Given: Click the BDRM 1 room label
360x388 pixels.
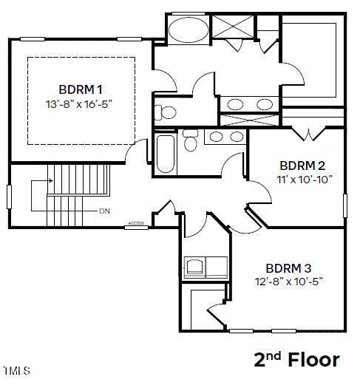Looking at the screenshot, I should (x=81, y=89).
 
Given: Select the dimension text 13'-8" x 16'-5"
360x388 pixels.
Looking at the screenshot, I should (x=81, y=104).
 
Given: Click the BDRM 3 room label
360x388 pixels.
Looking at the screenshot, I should (x=288, y=268).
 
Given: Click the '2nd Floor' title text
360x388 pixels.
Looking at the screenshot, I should (x=296, y=360).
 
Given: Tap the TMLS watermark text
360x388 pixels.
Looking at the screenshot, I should (x=16, y=370).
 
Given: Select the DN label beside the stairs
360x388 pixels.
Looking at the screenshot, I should (x=105, y=211).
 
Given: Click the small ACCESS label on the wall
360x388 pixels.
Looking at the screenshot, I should (x=136, y=222).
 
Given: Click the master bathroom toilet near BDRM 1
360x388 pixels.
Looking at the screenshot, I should (x=166, y=112).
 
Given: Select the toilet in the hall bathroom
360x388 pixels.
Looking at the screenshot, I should (x=191, y=140).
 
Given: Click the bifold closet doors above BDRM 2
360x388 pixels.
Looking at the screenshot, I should (x=307, y=135).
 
